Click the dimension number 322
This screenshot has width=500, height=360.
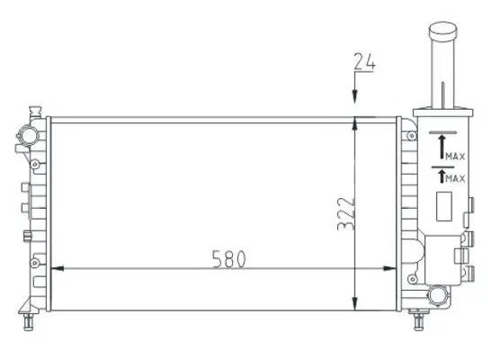(344, 213)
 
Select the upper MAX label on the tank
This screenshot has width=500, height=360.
(454, 157)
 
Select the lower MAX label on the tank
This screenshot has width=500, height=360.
(454, 179)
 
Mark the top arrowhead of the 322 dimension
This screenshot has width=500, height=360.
(358, 123)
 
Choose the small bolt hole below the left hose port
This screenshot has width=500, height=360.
(33, 166)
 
